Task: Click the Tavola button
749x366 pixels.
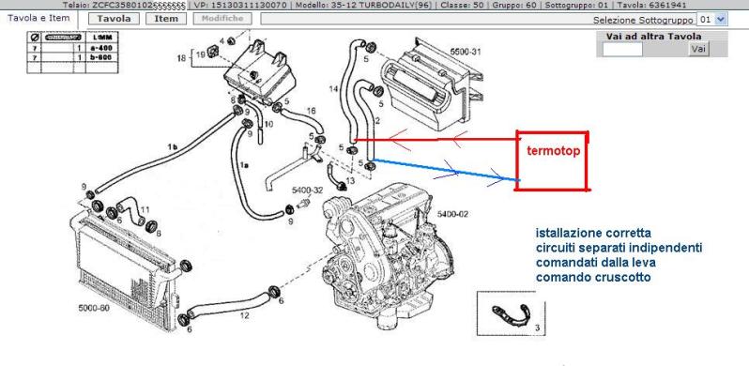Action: click(115, 18)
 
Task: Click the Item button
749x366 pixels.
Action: click(166, 18)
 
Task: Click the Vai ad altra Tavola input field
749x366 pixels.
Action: click(622, 48)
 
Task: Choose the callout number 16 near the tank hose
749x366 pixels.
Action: click(311, 111)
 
